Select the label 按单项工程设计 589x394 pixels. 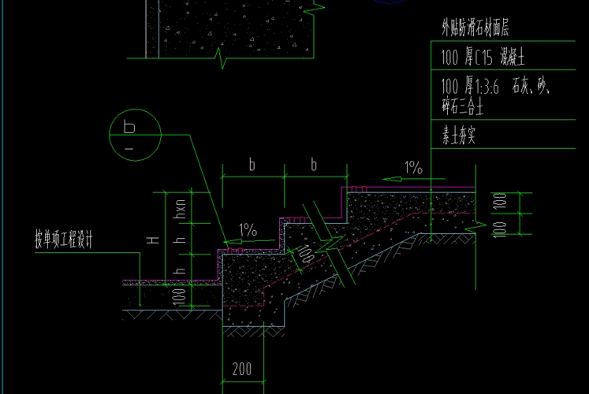[x=63, y=241]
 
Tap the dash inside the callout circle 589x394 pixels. [x=129, y=147]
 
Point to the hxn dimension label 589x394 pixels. [x=180, y=209]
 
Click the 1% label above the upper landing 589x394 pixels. [x=413, y=168]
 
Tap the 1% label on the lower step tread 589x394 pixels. [x=248, y=231]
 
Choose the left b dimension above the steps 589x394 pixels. [x=252, y=165]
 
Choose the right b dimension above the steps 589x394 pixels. [x=314, y=165]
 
